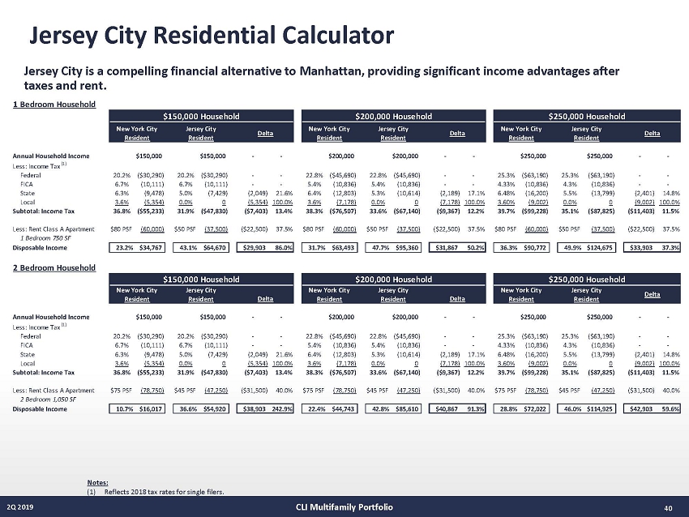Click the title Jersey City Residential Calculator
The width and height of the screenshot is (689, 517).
tap(211, 36)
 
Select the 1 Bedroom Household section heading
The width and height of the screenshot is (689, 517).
tap(54, 104)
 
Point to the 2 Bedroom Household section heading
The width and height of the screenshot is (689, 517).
tap(54, 267)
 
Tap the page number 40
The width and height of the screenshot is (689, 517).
tap(669, 507)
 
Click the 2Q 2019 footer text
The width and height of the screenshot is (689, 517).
tap(22, 507)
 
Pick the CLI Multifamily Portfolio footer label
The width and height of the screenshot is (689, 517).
tap(344, 507)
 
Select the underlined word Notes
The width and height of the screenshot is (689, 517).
tap(96, 484)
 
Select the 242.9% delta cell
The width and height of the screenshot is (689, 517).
tap(280, 409)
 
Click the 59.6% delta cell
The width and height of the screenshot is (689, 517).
tap(670, 409)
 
